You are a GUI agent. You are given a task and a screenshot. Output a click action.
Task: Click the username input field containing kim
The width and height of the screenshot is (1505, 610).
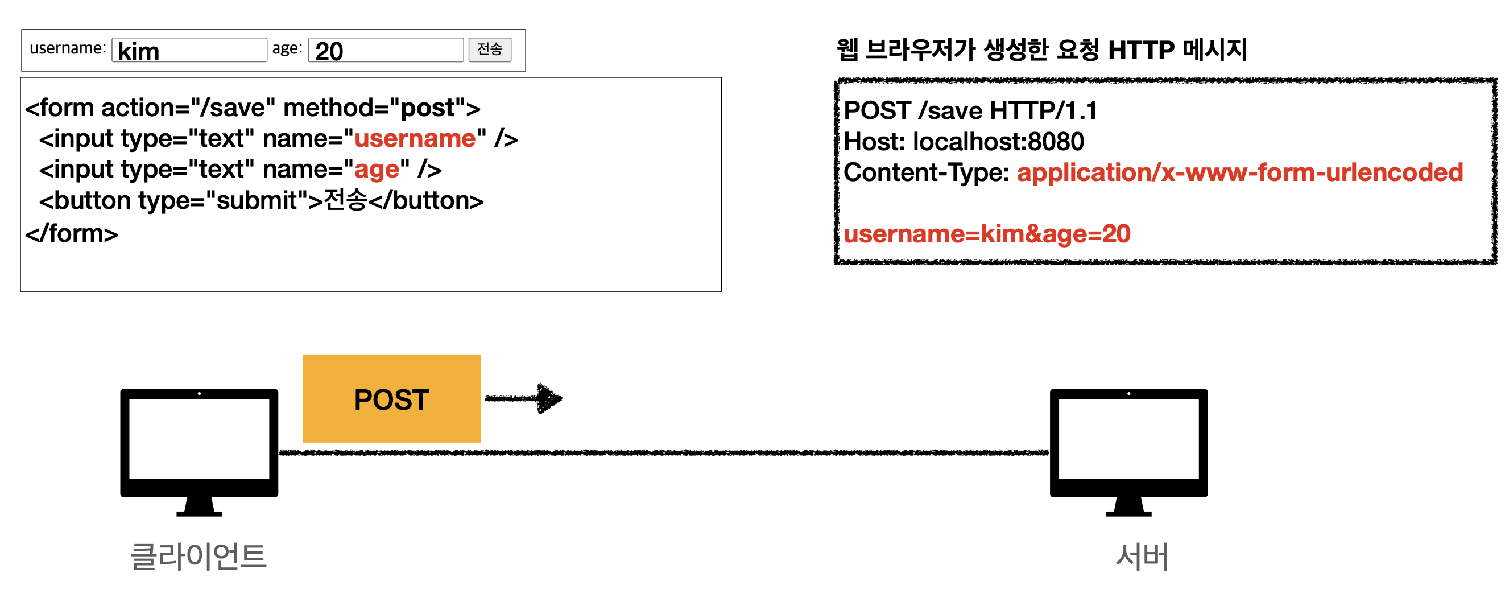point(189,50)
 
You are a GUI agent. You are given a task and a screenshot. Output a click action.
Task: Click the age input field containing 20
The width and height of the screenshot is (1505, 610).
point(386,50)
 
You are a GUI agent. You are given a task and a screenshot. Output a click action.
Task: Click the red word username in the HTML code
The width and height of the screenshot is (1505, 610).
point(415,138)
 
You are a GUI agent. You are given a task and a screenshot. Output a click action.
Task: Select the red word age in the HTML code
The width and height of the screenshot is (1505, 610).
point(377,170)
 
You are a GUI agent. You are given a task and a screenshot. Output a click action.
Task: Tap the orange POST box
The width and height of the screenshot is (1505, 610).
point(391,398)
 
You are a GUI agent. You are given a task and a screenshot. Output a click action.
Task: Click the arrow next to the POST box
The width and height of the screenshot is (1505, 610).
point(523,398)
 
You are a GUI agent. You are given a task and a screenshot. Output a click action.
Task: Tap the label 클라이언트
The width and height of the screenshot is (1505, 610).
point(198,556)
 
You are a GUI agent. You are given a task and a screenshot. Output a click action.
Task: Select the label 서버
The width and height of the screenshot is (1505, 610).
point(1142,556)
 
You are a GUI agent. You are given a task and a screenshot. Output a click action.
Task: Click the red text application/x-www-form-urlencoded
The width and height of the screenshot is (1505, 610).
point(1240,172)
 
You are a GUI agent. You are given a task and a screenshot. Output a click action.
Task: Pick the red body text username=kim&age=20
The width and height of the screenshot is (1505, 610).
point(987,234)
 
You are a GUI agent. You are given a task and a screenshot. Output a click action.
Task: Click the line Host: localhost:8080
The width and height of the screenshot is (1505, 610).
point(964,141)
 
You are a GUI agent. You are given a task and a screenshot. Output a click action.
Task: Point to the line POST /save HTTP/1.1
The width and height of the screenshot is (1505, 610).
point(970,110)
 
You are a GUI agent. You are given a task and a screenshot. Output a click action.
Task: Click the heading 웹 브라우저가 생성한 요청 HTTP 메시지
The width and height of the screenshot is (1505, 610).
point(1041,50)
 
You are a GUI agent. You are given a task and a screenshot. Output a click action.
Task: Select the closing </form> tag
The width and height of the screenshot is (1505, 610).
point(71,234)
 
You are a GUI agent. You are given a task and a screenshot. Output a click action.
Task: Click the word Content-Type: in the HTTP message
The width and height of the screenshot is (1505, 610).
point(926,172)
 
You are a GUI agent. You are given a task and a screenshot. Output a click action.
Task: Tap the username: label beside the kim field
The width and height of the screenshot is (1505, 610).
point(68,48)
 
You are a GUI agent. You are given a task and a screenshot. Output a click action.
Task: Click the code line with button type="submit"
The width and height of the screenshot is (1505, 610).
point(261,200)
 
